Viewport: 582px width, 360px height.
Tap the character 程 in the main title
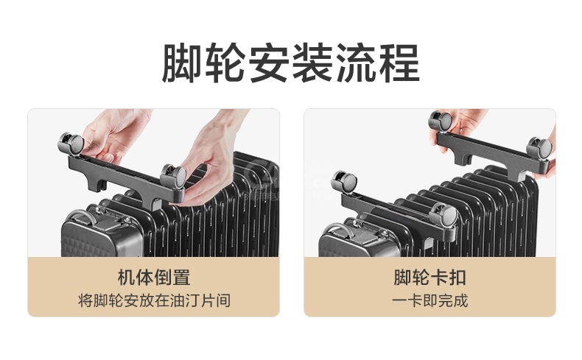(399, 63)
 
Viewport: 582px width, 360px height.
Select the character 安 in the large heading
(269, 63)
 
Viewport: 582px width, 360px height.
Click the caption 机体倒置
(154, 278)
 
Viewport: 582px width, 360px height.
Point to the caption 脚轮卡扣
(430, 278)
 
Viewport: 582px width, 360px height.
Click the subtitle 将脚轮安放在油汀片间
(154, 300)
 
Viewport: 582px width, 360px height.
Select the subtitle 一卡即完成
(430, 300)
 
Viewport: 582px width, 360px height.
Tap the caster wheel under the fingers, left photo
(173, 177)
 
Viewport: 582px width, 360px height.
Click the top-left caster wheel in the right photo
(441, 121)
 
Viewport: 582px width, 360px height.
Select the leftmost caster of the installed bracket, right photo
(345, 182)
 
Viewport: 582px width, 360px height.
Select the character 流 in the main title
(356, 63)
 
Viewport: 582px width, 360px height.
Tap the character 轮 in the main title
(225, 63)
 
